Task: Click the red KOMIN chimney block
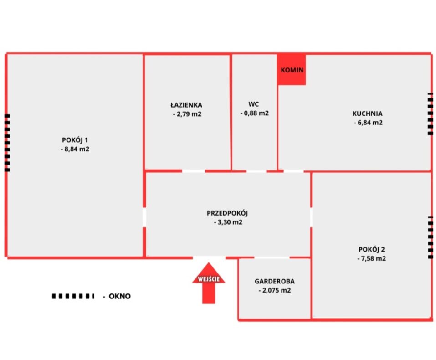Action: tap(292, 70)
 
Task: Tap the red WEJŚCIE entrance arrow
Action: tap(209, 283)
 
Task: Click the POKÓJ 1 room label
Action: tap(75, 140)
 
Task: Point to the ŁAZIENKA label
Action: tap(186, 105)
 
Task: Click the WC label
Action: tap(254, 104)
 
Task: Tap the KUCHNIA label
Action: tap(367, 113)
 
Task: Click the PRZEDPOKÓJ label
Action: tap(227, 213)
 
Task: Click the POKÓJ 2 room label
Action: tap(371, 249)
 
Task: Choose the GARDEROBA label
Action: tap(275, 281)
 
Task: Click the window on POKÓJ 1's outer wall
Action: tap(7, 143)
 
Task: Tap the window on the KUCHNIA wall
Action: tap(430, 114)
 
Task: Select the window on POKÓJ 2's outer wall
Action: tap(431, 237)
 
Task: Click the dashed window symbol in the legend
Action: tap(73, 296)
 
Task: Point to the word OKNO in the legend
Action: tap(119, 296)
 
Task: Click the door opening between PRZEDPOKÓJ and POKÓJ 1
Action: tap(144, 217)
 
